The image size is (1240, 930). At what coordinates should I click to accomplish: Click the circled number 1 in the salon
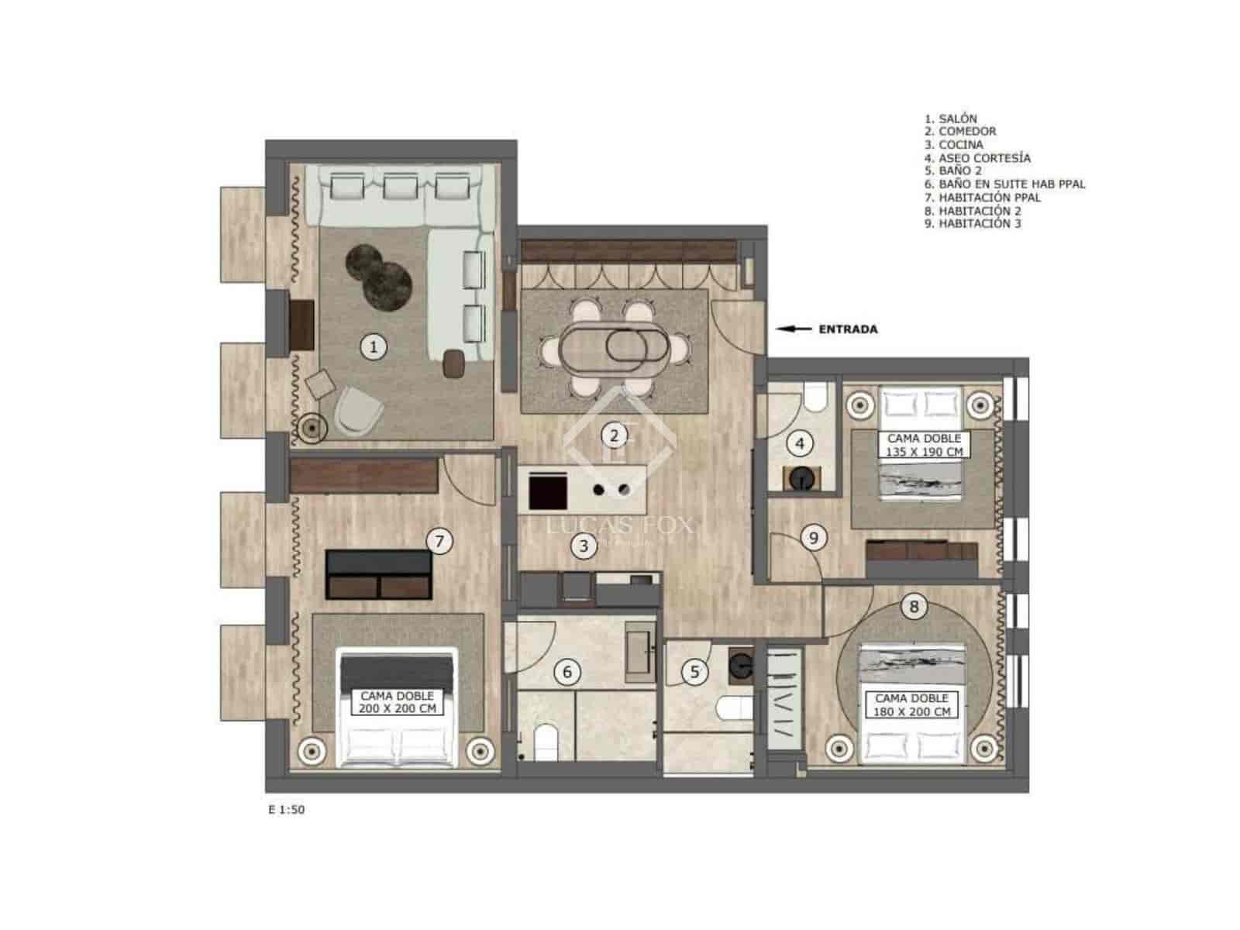tap(374, 346)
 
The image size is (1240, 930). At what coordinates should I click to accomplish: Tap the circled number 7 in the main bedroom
tap(439, 540)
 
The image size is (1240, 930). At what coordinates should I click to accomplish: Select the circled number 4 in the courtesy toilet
tap(800, 444)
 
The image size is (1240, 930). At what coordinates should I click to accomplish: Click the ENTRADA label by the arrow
tap(848, 329)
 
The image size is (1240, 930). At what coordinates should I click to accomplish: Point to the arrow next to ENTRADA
tap(794, 329)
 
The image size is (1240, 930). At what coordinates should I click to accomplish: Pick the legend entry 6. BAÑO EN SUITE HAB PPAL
tap(1004, 184)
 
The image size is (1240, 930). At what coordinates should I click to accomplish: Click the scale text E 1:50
tap(286, 810)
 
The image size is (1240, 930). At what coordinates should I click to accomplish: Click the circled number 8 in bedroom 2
tap(914, 606)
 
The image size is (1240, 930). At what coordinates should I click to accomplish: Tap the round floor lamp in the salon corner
tap(313, 427)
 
